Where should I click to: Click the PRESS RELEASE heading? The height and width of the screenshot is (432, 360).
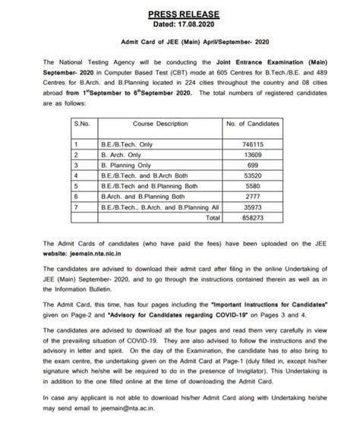pos(180,13)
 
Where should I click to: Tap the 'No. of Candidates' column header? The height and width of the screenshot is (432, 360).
pos(253,122)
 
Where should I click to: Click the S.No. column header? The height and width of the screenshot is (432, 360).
pos(81,122)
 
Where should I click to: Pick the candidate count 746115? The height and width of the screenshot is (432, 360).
pos(252,143)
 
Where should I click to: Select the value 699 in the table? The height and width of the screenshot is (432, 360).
pos(252,164)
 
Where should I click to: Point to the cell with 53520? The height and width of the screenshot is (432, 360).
pos(252,175)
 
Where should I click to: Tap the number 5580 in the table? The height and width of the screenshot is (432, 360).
pos(252,185)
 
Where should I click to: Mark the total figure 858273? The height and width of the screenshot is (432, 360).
pos(252,216)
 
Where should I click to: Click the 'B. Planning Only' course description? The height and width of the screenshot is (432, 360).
pos(126,164)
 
